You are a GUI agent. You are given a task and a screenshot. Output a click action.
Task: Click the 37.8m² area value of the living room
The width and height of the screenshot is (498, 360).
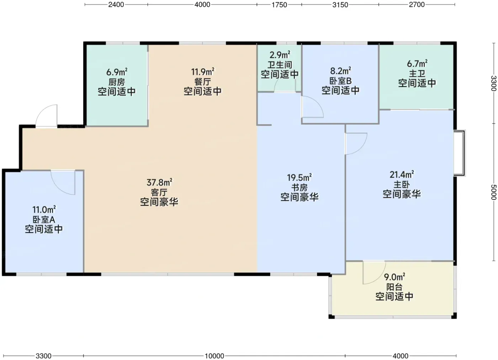click(x=159, y=183)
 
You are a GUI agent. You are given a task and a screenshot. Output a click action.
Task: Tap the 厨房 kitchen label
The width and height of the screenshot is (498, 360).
click(x=117, y=82)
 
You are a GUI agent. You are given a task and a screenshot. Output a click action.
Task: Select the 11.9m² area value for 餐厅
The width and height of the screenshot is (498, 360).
click(x=202, y=72)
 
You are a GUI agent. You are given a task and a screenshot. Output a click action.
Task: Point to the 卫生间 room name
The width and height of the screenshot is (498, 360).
click(x=280, y=65)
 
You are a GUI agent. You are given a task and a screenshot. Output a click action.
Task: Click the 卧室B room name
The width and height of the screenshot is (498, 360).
click(x=340, y=81)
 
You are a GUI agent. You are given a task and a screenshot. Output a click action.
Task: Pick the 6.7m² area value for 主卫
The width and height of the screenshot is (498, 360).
click(x=417, y=64)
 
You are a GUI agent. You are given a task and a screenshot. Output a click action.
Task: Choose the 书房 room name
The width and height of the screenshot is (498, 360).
click(x=300, y=187)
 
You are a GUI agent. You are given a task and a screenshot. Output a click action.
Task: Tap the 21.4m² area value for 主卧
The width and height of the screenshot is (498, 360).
click(x=402, y=174)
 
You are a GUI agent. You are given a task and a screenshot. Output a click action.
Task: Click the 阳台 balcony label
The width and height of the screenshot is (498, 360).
click(x=394, y=287)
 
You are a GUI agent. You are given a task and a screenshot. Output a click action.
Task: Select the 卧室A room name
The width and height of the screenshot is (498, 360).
click(x=44, y=219)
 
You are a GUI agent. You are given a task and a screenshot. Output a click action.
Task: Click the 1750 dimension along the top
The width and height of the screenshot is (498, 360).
click(x=279, y=5)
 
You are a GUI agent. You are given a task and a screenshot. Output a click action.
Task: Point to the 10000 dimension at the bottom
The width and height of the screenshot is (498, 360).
click(x=214, y=356)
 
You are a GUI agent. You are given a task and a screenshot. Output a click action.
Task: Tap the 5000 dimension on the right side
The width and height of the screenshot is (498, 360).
click(x=494, y=192)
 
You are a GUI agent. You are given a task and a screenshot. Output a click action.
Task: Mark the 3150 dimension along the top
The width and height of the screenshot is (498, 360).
click(x=340, y=5)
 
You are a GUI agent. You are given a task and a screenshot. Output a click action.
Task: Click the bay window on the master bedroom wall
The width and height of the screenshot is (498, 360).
click(x=459, y=153)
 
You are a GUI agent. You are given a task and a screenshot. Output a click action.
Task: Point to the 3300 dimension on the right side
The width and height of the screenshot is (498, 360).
click(x=494, y=83)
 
